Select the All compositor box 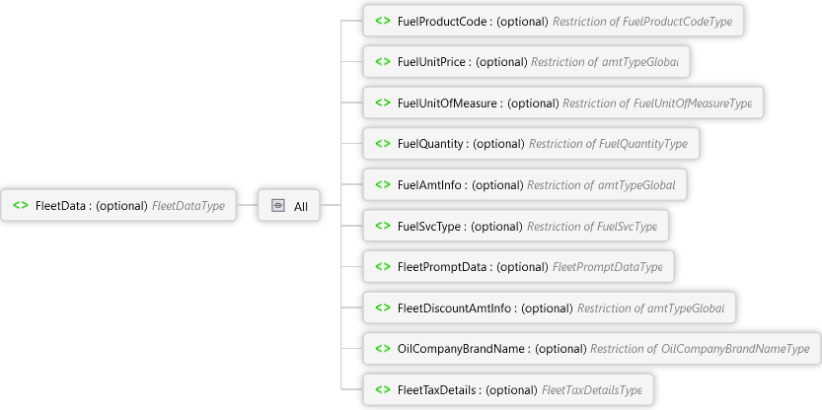click(x=289, y=206)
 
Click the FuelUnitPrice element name click(x=431, y=62)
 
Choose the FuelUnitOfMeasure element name click(x=447, y=102)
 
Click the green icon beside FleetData click(x=21, y=206)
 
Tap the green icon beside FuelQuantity click(x=382, y=144)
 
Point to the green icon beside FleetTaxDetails click(x=382, y=389)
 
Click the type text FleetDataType click(x=188, y=206)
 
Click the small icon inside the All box click(x=278, y=206)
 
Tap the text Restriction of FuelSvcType click(x=591, y=226)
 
